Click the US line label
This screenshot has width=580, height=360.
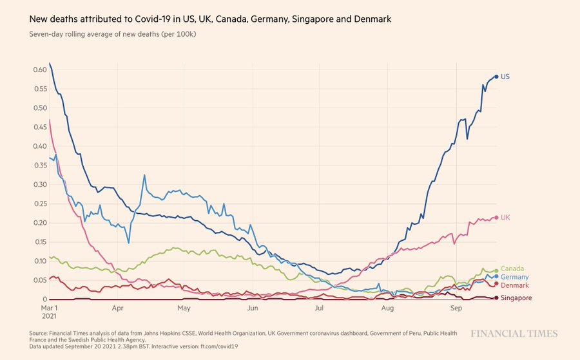505,77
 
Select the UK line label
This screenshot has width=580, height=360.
505,218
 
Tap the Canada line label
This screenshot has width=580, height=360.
512,269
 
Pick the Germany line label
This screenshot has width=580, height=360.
515,277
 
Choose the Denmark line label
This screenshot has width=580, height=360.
515,285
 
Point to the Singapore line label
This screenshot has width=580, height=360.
517,298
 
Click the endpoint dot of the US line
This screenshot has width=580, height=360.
496,77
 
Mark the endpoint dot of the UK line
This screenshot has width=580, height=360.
496,218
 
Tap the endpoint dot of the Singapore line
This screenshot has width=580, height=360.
496,298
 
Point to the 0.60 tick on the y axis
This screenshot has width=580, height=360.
39,70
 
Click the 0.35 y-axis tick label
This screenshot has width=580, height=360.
39,166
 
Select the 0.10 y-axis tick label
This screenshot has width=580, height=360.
39,261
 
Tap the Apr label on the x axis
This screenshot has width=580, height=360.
117,308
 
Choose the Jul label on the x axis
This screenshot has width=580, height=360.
318,308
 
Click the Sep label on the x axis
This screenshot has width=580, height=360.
456,308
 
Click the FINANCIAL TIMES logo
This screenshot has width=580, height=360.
513,334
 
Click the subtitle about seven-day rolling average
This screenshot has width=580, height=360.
113,33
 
